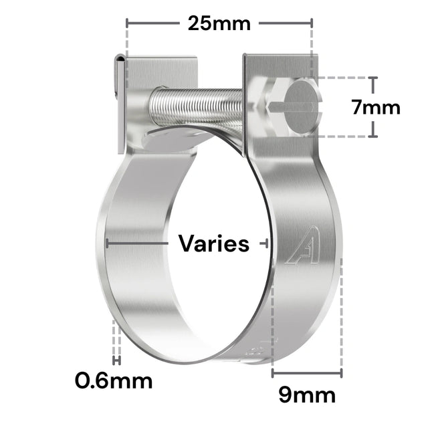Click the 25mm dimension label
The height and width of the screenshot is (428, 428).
click(218, 24)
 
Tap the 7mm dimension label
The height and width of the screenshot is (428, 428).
click(375, 107)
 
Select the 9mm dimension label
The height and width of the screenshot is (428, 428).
click(307, 396)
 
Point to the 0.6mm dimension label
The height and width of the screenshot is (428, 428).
click(114, 381)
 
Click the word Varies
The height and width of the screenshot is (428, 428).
click(214, 244)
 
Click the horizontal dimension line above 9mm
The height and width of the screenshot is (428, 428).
click(307, 370)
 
